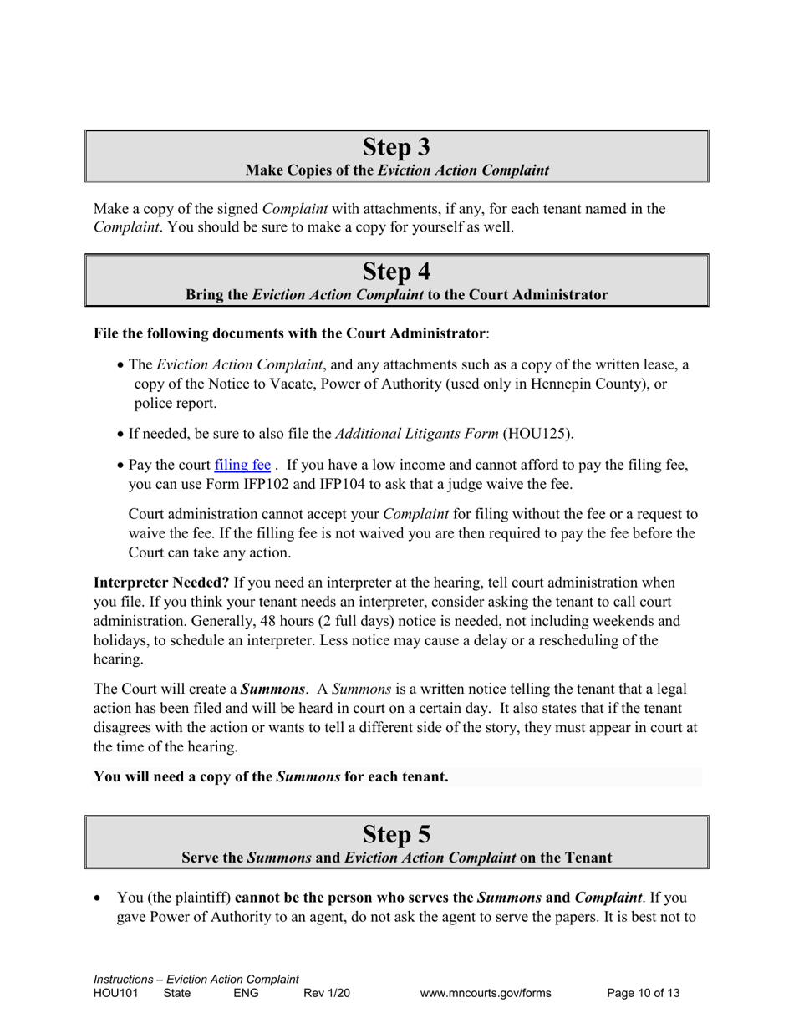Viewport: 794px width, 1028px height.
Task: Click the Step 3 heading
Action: click(397, 147)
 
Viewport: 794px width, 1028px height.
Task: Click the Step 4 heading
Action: click(397, 272)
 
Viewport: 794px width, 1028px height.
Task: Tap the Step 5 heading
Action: click(397, 834)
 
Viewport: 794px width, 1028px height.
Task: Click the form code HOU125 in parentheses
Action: click(537, 433)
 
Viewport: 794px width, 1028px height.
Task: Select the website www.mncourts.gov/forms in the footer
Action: click(486, 994)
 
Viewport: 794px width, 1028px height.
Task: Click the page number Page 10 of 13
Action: click(643, 994)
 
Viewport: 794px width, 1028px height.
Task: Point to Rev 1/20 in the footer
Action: click(327, 994)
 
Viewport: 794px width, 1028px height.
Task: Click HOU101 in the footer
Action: click(115, 994)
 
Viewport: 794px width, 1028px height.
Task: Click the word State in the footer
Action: click(177, 994)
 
